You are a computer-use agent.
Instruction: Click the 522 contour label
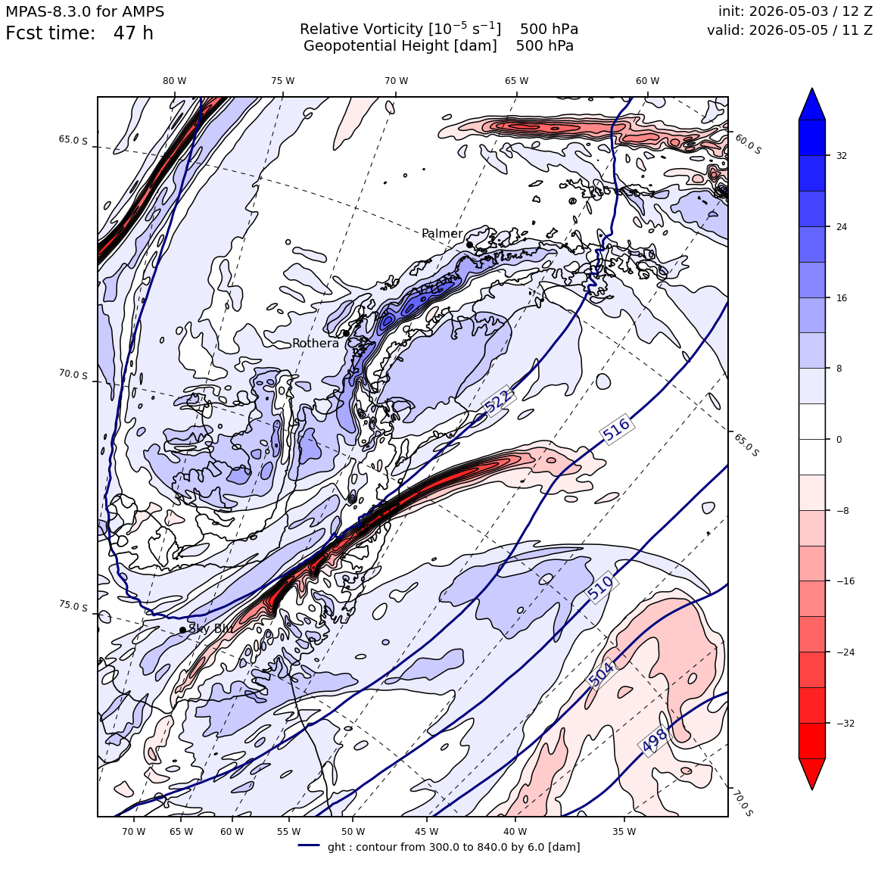pos(498,400)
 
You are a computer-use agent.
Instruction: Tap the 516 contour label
pos(617,429)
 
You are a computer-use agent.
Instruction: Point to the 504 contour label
pos(602,674)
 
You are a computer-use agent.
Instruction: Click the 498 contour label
pos(655,740)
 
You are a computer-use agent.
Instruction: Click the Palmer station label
pos(442,233)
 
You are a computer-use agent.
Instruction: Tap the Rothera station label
pos(316,343)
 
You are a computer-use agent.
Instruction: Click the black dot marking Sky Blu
pos(182,630)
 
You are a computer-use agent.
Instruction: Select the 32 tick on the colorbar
pos(842,156)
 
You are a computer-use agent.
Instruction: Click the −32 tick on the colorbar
pos(845,723)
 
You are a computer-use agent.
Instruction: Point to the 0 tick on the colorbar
pos(839,440)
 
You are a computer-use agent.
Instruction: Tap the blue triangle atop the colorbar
pos(812,104)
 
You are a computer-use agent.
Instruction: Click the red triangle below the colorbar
pos(812,774)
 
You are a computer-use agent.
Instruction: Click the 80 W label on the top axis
pos(175,81)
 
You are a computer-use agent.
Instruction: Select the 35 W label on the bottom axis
pos(624,832)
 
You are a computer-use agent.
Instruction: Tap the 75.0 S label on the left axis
pos(73,606)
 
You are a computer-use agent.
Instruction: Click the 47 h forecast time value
pos(133,33)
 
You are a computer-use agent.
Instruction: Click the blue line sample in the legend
pos(309,845)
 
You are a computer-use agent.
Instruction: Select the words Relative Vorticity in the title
pos(361,29)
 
